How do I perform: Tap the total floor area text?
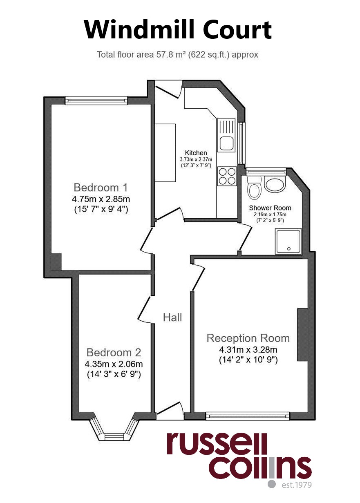[x=177, y=55]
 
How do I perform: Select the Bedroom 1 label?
[x=101, y=187]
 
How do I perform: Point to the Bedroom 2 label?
[x=114, y=352]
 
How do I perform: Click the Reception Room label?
[x=248, y=338]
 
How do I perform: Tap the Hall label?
[x=172, y=317]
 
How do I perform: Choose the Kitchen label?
[x=196, y=153]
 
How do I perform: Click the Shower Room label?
[x=270, y=208]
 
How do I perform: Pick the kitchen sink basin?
[x=227, y=143]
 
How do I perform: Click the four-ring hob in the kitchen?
[x=227, y=176]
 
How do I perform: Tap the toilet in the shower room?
[x=254, y=188]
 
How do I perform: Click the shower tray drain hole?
[x=289, y=249]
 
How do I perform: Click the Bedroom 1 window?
[x=96, y=101]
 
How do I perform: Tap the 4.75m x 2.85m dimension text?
[x=101, y=199]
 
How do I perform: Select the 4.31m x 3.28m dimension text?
[x=248, y=349]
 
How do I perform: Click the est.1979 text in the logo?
[x=297, y=490]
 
